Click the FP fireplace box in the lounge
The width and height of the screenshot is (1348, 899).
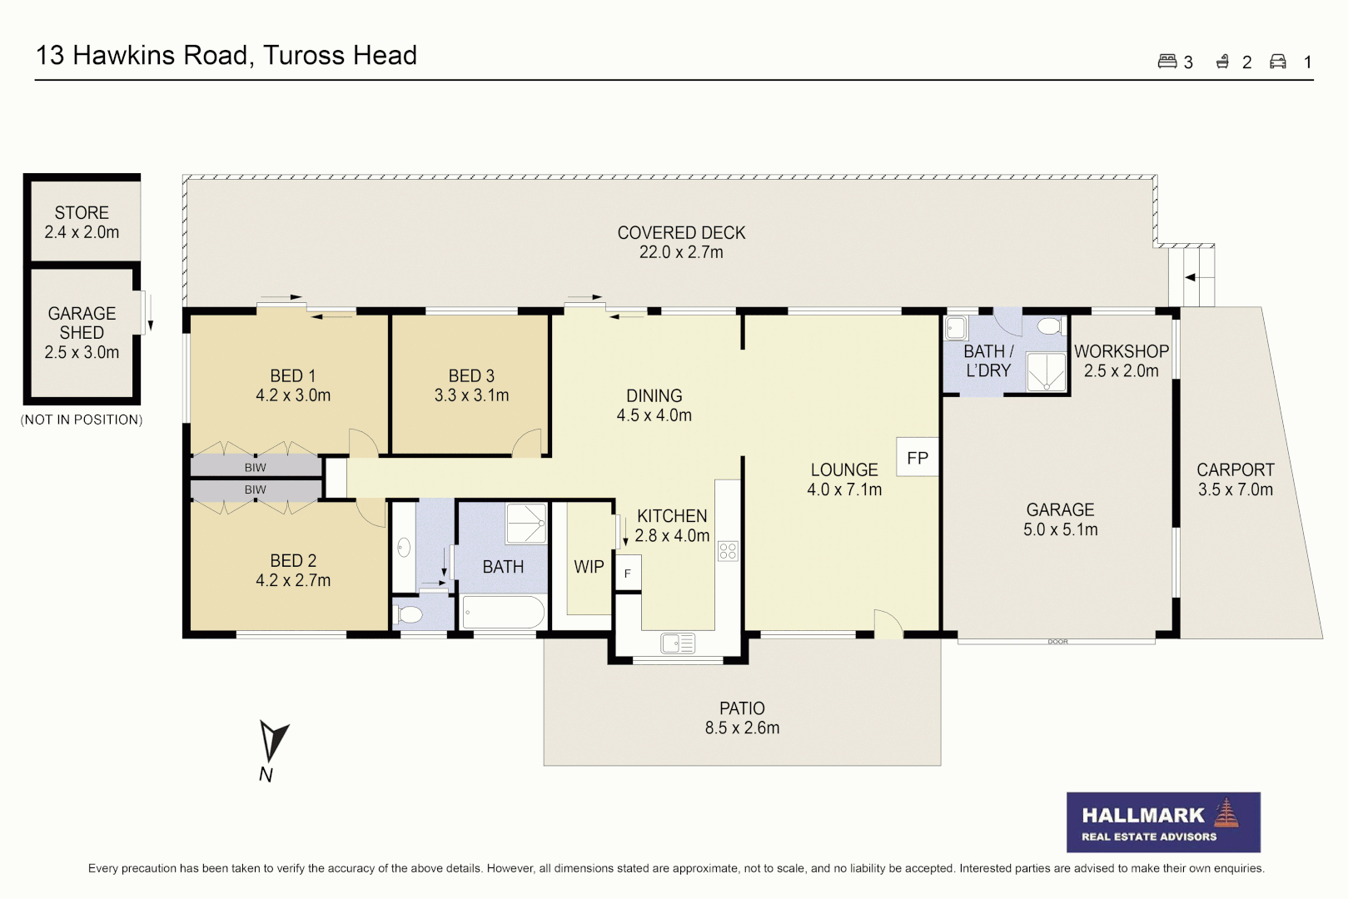pos(917,457)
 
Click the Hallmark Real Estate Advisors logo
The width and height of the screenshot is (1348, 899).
pos(1162,822)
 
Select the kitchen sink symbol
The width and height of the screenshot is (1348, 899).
pos(677,643)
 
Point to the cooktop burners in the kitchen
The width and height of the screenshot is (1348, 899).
pos(728,550)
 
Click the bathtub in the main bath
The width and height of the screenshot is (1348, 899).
pos(503,613)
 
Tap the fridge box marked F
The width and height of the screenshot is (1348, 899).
pos(628,573)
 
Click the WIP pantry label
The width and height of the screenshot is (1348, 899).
pos(589,567)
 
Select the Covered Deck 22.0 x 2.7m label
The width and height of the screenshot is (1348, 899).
pos(681,242)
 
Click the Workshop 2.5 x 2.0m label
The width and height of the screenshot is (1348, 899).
pos(1121,361)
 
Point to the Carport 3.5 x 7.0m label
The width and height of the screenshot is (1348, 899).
pos(1235,479)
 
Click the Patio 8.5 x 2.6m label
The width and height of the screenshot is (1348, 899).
pos(742,718)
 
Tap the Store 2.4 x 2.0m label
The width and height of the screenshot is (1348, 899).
pos(82,222)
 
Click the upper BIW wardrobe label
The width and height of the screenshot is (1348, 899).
pos(255,468)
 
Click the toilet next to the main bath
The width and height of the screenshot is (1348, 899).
pos(409,615)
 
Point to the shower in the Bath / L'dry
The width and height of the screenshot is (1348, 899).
pos(1046,372)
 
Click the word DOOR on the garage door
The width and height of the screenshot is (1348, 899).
pos(1057,642)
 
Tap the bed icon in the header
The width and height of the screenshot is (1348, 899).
pos(1166,62)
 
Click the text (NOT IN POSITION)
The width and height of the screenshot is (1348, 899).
pos(82,420)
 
